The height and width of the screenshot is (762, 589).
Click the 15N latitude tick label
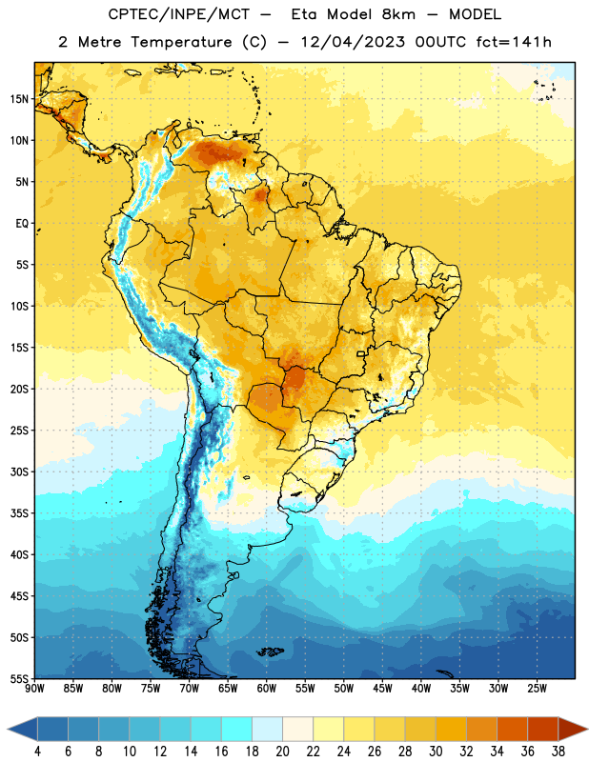(x=19, y=99)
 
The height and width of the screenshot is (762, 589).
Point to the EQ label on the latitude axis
(x=22, y=224)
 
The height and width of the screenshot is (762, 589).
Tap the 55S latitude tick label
(x=19, y=678)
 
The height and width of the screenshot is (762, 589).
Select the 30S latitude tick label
(x=19, y=471)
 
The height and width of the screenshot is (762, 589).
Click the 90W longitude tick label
(x=34, y=689)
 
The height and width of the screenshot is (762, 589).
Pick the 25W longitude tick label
(x=537, y=689)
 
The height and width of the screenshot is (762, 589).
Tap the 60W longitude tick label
(x=267, y=689)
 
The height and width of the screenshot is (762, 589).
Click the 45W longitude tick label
(x=382, y=689)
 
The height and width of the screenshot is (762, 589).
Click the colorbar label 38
(x=559, y=752)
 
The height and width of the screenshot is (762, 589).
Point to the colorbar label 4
(x=37, y=752)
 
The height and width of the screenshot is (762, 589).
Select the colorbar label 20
(x=282, y=752)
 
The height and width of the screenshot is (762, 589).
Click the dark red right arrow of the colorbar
(x=572, y=730)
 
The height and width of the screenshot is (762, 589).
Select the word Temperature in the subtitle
(x=181, y=42)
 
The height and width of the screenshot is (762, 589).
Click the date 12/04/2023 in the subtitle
(x=353, y=42)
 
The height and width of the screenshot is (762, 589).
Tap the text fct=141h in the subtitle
(x=514, y=42)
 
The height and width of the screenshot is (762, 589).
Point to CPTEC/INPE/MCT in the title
(x=178, y=14)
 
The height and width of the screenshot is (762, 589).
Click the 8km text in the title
(x=398, y=14)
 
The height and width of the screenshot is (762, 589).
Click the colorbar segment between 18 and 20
(x=268, y=730)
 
